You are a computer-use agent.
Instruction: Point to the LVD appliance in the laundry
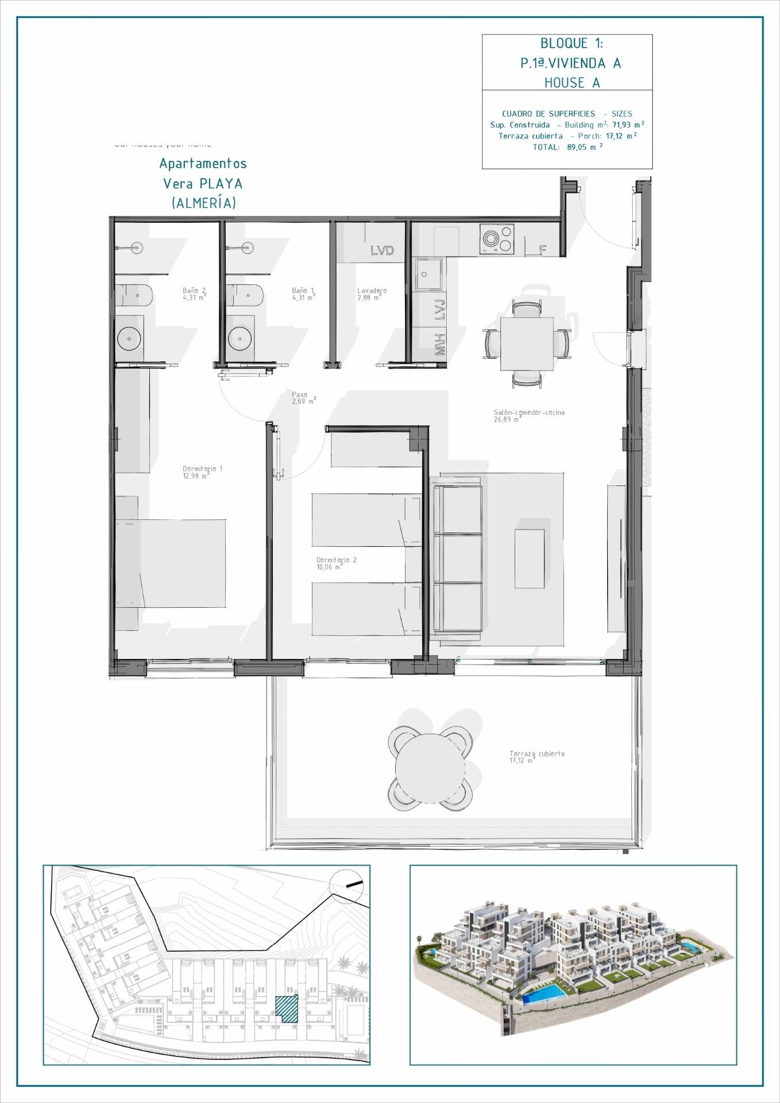coord(382,250)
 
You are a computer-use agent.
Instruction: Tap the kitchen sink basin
coord(430,274)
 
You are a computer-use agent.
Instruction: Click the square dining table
coord(527,344)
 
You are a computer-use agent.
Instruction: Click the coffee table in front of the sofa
coord(529,558)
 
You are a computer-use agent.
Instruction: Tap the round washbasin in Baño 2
coord(129,339)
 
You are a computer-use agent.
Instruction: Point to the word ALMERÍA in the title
coord(203,203)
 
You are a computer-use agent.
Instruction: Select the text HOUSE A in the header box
coord(572,83)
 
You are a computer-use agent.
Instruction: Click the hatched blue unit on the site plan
coord(287,1008)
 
